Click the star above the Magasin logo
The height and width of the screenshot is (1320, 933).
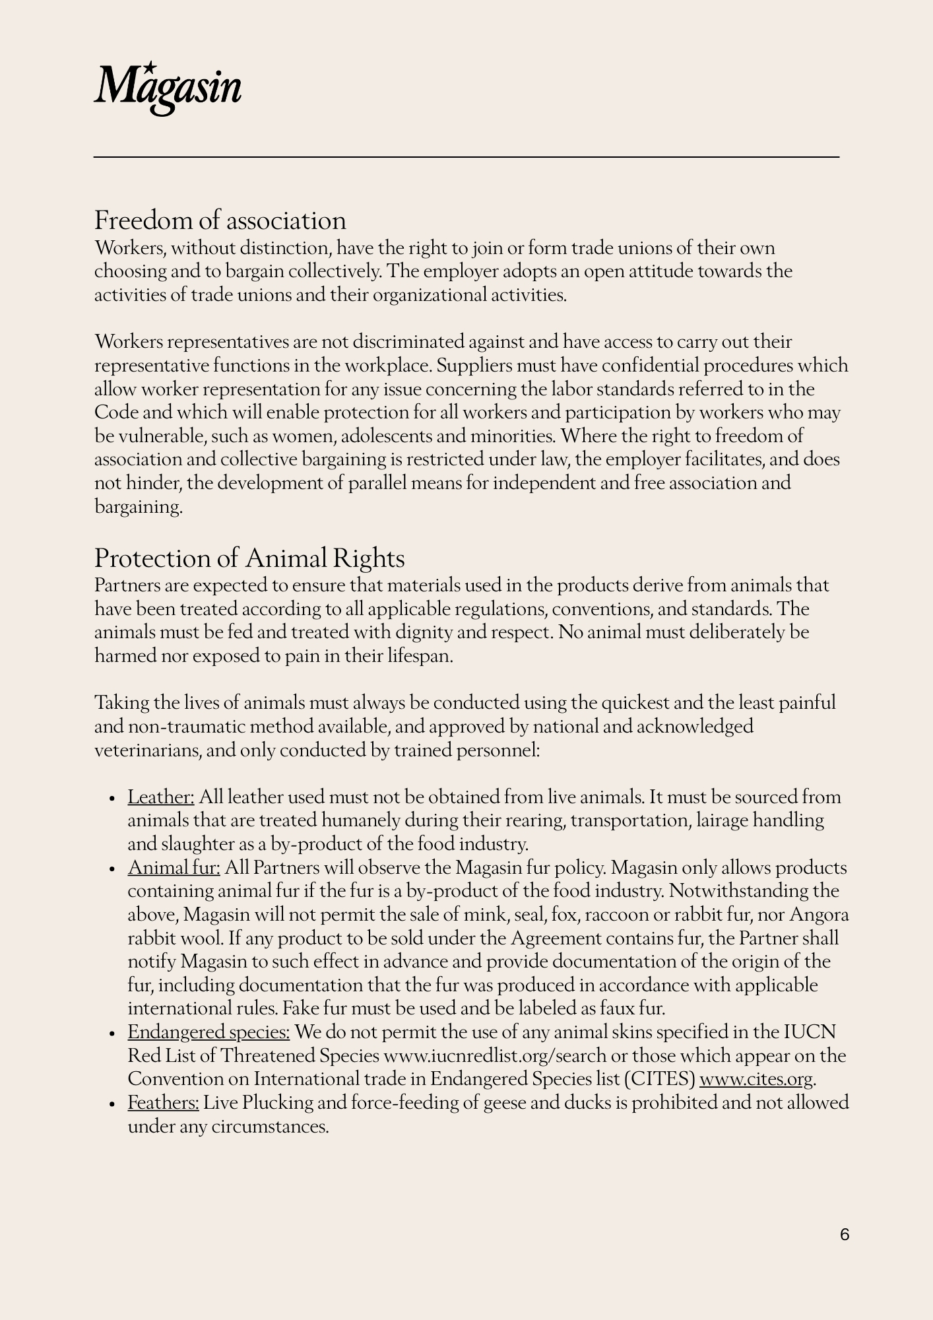(x=150, y=67)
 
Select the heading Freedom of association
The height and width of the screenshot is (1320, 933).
(x=220, y=220)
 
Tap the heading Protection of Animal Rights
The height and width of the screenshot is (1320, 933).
(x=249, y=558)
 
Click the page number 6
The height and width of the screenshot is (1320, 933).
(x=845, y=1234)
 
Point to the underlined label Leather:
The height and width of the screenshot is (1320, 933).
(x=160, y=797)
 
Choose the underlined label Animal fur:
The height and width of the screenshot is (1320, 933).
(x=174, y=868)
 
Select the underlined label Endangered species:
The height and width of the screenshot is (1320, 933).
(x=209, y=1032)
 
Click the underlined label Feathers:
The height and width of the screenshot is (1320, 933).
(x=163, y=1103)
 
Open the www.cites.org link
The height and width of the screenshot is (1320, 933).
(x=756, y=1080)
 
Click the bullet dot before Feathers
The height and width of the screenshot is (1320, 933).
(x=113, y=1104)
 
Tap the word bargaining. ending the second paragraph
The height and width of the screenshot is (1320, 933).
(x=138, y=508)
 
